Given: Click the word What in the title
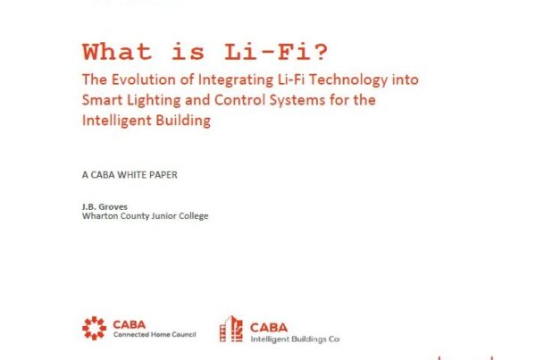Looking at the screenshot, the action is [x=117, y=52].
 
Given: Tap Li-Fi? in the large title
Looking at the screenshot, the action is [x=276, y=52].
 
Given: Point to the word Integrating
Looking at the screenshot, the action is [x=236, y=80].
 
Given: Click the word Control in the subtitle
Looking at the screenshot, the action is [x=239, y=100].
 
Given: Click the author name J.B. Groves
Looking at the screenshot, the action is [x=105, y=207].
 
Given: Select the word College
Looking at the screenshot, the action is [x=194, y=216].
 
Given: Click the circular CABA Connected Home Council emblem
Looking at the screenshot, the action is [x=95, y=328].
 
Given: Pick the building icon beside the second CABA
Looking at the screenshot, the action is [x=231, y=329].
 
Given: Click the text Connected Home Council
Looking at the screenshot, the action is [x=155, y=334].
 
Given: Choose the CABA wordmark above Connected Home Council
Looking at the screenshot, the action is [x=130, y=324].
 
